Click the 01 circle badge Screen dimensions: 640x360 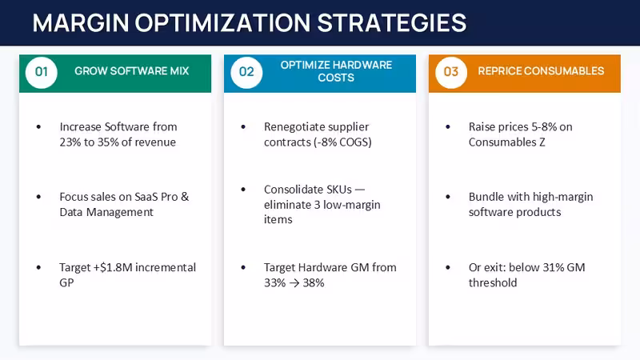coord(42,72)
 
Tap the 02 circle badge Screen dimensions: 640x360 coord(246,72)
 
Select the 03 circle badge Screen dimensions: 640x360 coord(451,72)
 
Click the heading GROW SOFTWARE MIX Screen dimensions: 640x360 coord(131,71)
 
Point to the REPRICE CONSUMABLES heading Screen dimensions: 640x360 coord(541,71)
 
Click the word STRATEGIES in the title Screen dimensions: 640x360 coord(391,23)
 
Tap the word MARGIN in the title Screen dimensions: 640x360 coord(81,23)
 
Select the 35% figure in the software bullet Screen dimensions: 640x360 coord(106,142)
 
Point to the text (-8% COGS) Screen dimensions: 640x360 coord(343,142)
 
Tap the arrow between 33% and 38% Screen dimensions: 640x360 coord(294,283)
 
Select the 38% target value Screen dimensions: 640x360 coord(314,283)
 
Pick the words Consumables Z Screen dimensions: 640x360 coord(506,142)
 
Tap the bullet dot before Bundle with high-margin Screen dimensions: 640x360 coord(448,197)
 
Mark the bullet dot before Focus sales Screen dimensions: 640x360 coord(38,197)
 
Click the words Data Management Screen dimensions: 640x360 coord(106,212)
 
